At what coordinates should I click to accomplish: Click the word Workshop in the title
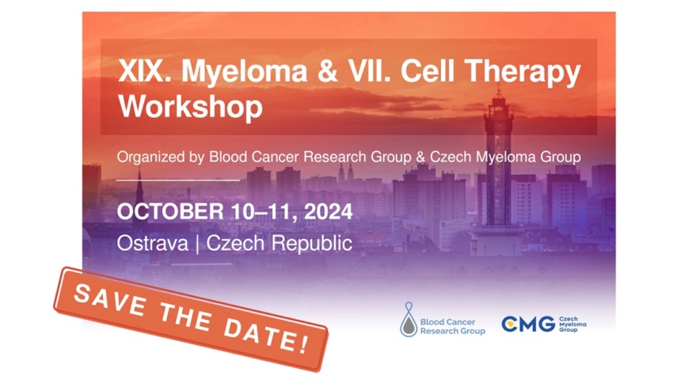[190, 107]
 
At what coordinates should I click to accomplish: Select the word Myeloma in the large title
[245, 72]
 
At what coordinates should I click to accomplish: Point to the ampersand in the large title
[328, 71]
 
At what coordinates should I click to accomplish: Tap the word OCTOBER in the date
[170, 211]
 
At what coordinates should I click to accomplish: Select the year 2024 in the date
[329, 211]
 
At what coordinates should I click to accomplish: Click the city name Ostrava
[152, 243]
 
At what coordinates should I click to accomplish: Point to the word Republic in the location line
[312, 244]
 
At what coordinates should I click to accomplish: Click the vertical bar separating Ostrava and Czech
[197, 244]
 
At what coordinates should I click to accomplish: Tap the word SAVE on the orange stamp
[110, 300]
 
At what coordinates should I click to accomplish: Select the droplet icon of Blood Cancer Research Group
[409, 320]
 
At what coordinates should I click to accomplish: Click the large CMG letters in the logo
[528, 324]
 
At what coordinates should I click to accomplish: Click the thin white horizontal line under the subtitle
[178, 180]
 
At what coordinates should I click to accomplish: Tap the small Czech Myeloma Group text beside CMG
[572, 325]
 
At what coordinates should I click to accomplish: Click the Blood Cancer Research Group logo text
[453, 327]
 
